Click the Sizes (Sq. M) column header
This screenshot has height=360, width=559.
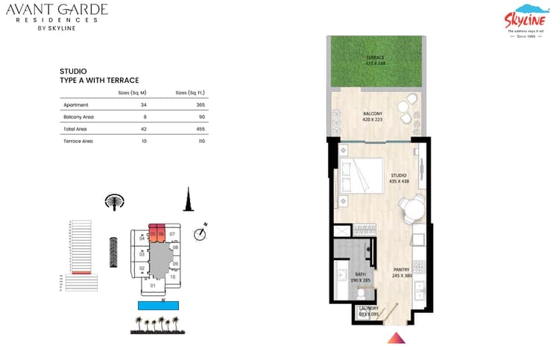coord(132,92)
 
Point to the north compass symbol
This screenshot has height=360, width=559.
coord(199,233)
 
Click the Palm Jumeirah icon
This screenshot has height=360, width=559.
coord(115,203)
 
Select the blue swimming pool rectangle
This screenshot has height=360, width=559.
coord(159,305)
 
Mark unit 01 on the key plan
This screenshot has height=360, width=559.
coord(153,285)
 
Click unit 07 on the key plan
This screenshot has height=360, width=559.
coord(172,234)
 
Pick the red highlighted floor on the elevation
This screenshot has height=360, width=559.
coord(81,273)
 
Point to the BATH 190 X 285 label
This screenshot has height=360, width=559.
coord(360,277)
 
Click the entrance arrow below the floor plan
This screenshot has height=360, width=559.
coord(395,339)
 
